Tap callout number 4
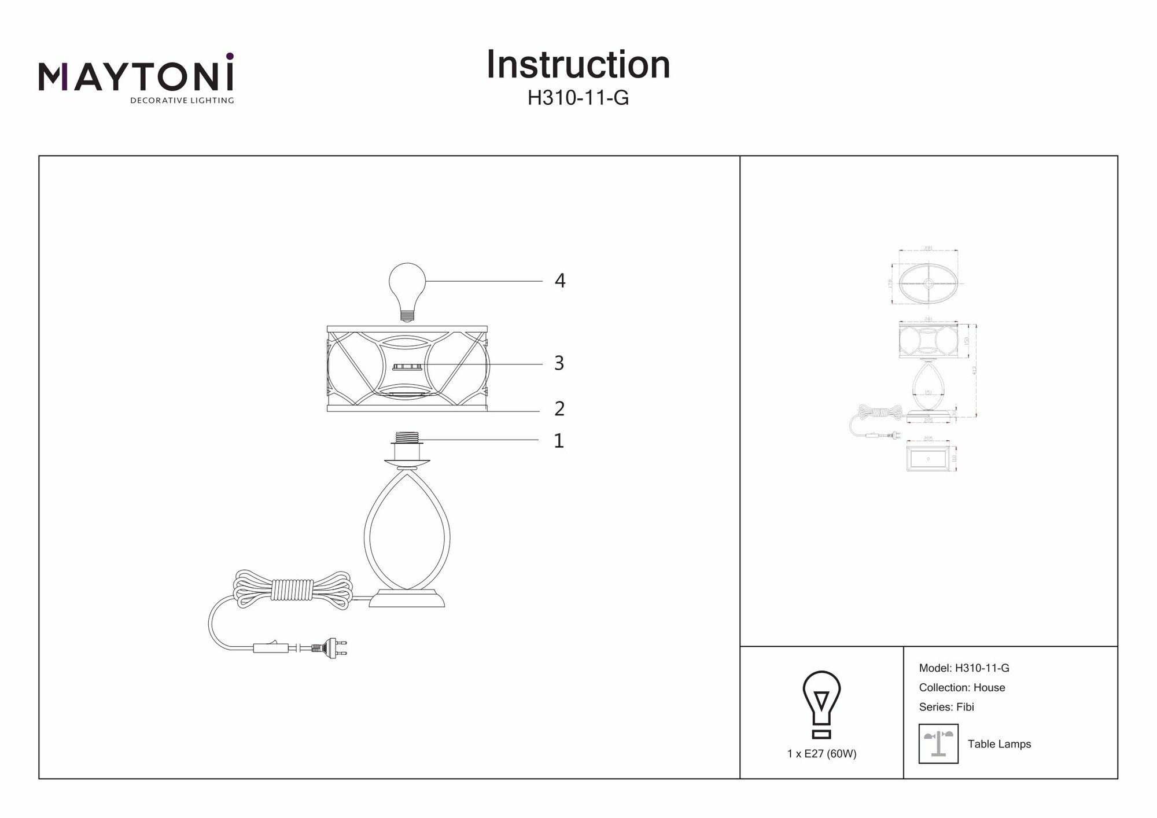[559, 281]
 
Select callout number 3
[559, 363]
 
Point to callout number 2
[559, 409]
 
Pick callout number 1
[558, 441]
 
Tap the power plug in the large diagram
[329, 648]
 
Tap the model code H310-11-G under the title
[578, 98]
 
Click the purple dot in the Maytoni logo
[230, 56]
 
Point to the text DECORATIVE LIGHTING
[182, 101]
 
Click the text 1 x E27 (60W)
[821, 754]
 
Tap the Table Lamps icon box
[938, 743]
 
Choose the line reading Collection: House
[961, 688]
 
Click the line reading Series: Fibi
[946, 707]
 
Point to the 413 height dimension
[975, 370]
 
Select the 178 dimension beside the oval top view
[890, 283]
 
